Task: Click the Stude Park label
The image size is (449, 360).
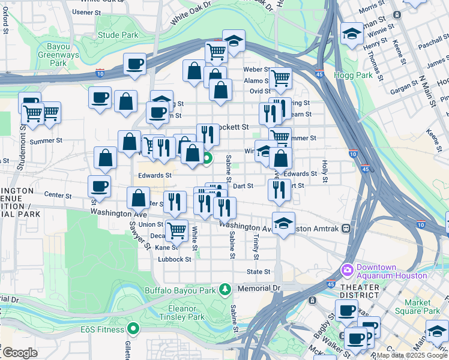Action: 118,35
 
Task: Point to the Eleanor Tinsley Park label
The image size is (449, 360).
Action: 178,313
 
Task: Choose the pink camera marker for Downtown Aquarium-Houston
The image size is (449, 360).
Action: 347,271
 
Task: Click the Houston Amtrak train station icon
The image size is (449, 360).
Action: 346,229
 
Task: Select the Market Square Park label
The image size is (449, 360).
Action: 422,307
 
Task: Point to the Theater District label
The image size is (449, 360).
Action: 359,291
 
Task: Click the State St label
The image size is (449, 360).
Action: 259,272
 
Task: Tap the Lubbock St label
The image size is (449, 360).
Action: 174,260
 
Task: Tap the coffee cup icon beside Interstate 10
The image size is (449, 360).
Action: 135,63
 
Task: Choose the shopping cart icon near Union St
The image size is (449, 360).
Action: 176,229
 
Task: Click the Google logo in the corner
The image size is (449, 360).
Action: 20,353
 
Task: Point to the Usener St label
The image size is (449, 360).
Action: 86,11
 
